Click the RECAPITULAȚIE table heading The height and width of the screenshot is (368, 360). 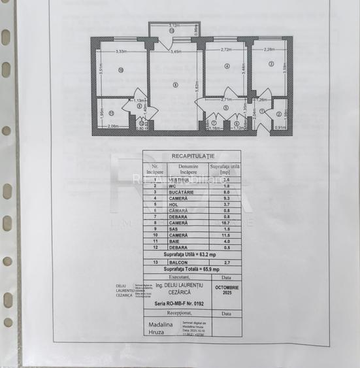192,157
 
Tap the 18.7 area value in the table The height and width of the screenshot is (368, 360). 226,222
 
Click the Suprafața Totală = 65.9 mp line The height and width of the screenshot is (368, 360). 191,269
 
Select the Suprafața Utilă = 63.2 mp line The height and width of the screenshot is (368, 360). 191,254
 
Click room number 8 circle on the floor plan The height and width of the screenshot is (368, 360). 174,84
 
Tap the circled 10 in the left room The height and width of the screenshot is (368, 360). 121,70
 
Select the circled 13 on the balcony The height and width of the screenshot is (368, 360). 171,31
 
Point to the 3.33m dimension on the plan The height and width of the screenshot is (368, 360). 120,51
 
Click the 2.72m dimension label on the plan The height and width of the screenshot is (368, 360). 227,50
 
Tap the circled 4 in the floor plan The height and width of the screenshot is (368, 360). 227,66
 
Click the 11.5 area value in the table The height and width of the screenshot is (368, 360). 226,234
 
